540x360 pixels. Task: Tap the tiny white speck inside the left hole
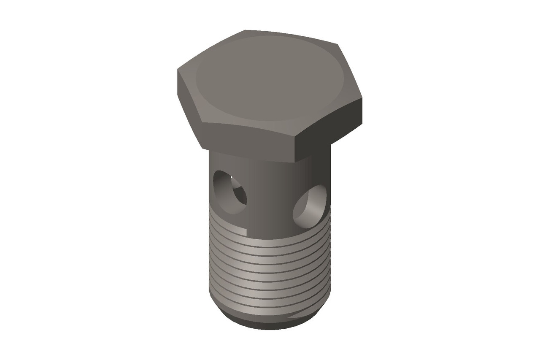tap(232, 175)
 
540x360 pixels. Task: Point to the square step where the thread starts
tap(246, 231)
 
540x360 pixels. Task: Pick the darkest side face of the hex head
tap(329, 127)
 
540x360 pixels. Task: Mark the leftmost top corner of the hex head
tap(178, 70)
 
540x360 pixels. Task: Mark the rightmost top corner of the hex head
tap(362, 98)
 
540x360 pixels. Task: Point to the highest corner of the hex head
tap(245, 30)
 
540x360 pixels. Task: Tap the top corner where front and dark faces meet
tap(294, 135)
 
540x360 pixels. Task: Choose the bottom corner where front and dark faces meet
tap(295, 163)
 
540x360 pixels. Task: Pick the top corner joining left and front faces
tap(202, 122)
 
